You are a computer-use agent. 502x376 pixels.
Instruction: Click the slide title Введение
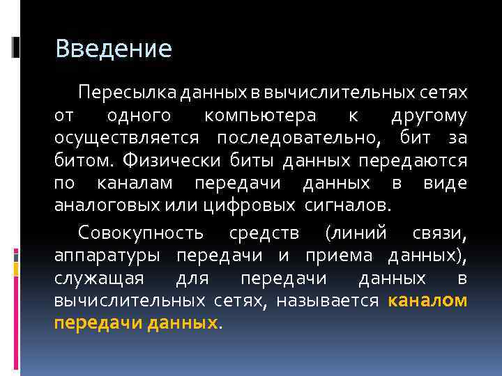[113, 49]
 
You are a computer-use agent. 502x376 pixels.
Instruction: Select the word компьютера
[260, 116]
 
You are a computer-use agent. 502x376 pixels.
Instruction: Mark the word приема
[340, 255]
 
